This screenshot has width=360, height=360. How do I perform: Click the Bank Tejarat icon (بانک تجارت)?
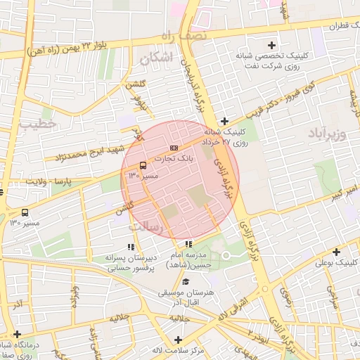coord(174,147)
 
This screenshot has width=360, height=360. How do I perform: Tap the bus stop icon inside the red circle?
coord(143,165)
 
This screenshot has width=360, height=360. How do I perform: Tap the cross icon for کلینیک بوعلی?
coord(336,252)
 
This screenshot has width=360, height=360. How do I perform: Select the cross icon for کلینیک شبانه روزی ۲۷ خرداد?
coord(224,120)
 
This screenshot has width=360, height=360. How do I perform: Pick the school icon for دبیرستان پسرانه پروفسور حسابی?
coord(130,247)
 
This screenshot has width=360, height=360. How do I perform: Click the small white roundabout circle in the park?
coord(226,255)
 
